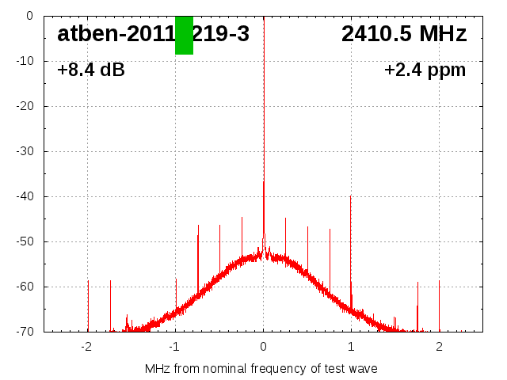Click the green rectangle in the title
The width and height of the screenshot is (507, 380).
[x=184, y=35]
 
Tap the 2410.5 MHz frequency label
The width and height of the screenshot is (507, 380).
[x=404, y=34]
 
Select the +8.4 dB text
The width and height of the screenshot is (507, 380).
[x=91, y=70]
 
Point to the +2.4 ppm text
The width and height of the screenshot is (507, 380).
[x=425, y=70]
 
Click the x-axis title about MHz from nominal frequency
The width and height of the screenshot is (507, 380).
[x=261, y=368]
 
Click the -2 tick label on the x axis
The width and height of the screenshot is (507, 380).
[x=86, y=346]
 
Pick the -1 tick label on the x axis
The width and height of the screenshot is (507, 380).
[x=174, y=346]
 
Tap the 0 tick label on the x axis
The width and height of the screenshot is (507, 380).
[x=263, y=346]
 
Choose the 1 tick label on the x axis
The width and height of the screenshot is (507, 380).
[x=351, y=346]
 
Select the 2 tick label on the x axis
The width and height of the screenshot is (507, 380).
[x=439, y=346]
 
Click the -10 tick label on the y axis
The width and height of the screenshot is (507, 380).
[x=23, y=61]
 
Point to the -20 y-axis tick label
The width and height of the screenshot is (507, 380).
[x=23, y=106]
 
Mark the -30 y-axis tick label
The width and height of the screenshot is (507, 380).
[x=23, y=151]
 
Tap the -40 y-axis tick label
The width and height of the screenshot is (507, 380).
[x=23, y=196]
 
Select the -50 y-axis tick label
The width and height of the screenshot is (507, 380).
[x=23, y=241]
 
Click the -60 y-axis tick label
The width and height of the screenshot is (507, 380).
[x=23, y=287]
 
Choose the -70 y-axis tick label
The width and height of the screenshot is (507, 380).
[x=23, y=332]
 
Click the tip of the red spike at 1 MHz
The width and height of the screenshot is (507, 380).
[x=350, y=196]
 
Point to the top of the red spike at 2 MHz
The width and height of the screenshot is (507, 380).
[x=439, y=281]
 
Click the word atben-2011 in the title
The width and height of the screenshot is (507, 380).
[x=116, y=34]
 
